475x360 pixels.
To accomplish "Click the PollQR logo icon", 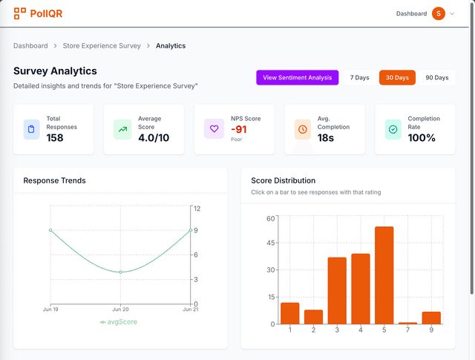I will tap(20, 13).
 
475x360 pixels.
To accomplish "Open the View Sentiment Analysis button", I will tap(297, 78).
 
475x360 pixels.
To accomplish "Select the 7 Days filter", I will tap(359, 78).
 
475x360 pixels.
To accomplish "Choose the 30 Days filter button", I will tap(397, 78).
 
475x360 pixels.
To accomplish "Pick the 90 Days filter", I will tap(436, 78).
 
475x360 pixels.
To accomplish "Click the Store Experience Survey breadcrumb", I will tap(102, 46).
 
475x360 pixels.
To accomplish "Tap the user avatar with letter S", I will tap(439, 13).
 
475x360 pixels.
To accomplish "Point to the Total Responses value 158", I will tap(55, 137).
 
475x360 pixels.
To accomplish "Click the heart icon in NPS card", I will tap(214, 129).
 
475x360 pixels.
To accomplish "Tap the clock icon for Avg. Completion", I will tap(303, 129).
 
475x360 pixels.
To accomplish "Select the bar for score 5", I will tap(384, 275).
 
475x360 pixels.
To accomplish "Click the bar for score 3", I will tap(337, 290).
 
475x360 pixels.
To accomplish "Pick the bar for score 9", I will tap(431, 318).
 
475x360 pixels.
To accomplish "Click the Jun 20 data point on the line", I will tap(121, 272).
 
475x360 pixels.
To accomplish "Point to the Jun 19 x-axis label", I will tap(50, 309).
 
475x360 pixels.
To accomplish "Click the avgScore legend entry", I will tap(119, 322).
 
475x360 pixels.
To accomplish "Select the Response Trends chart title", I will tap(54, 180).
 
